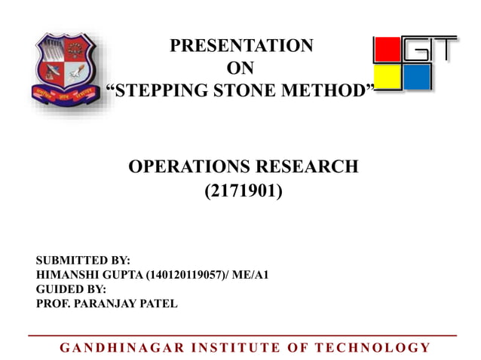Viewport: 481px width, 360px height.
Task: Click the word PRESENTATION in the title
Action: [x=240, y=46]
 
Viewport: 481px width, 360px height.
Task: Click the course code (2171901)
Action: [x=244, y=192]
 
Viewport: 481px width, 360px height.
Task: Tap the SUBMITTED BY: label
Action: [x=83, y=261]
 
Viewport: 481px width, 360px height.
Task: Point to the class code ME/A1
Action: [x=252, y=275]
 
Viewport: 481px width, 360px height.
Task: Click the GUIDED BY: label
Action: [x=71, y=289]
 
